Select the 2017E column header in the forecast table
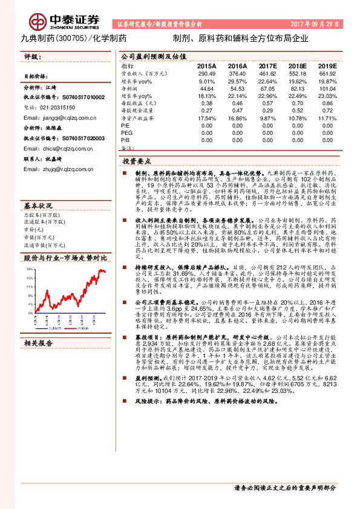click(267, 65)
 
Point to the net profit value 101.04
click(327, 88)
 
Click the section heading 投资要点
click(137, 162)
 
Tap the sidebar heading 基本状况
click(38, 206)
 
